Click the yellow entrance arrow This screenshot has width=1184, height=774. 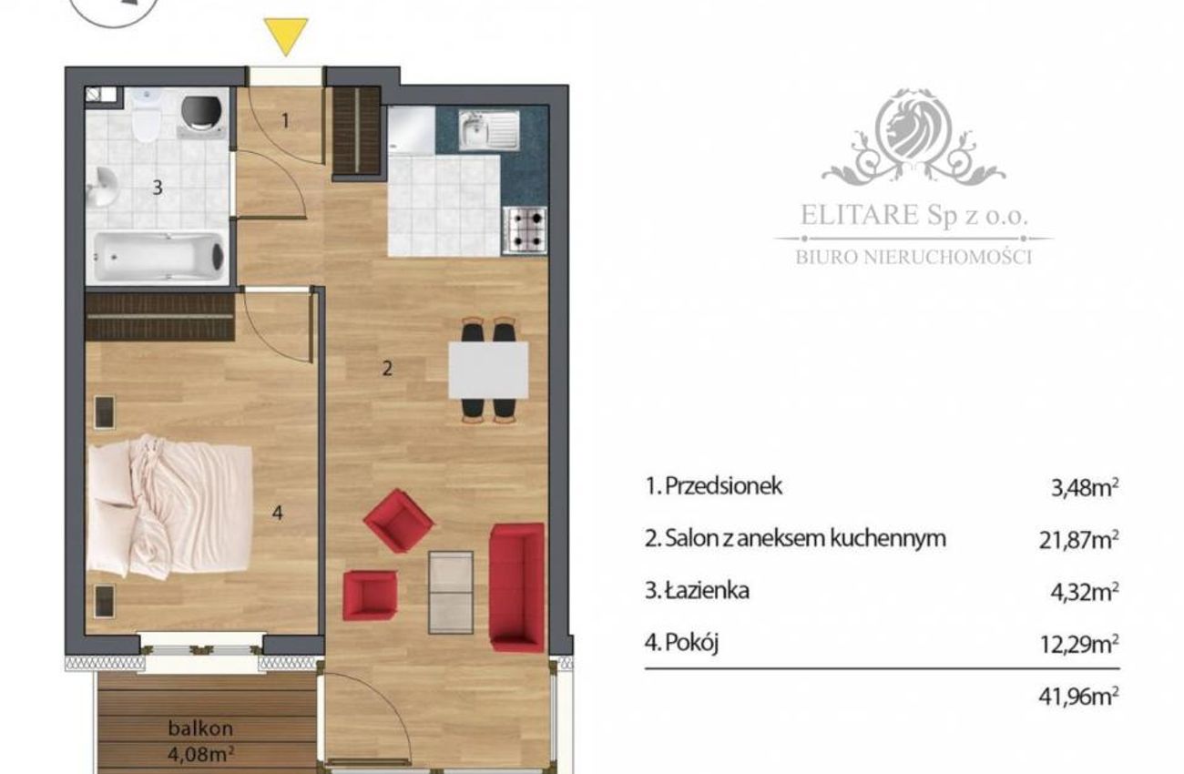[x=286, y=36]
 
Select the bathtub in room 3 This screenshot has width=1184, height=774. [x=158, y=257]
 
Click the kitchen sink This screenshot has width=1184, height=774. [x=489, y=129]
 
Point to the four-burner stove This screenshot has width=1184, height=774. [x=525, y=230]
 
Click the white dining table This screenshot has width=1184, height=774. [x=488, y=370]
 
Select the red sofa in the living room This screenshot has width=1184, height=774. [x=517, y=587]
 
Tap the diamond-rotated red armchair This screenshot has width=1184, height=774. [x=399, y=521]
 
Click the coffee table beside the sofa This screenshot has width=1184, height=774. [x=450, y=592]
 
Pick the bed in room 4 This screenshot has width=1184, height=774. [x=169, y=506]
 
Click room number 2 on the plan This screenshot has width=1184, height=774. [x=387, y=369]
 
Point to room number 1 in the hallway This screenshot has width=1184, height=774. [x=285, y=121]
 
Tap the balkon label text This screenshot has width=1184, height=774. [x=200, y=728]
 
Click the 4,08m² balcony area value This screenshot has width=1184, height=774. [x=201, y=753]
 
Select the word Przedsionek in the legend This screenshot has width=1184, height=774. [x=724, y=486]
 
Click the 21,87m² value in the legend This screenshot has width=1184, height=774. [x=1079, y=540]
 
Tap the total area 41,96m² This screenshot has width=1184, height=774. [x=1079, y=697]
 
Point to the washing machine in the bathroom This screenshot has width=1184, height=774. [x=201, y=115]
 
